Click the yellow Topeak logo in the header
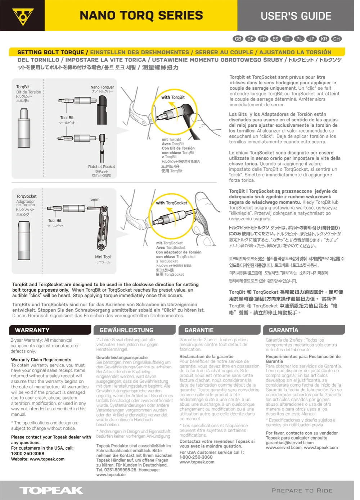point(22,16)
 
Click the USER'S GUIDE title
point(296,16)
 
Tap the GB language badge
point(238,39)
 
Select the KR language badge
point(324,39)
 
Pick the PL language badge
point(299,39)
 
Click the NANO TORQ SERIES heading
point(141,15)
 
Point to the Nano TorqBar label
point(102,87)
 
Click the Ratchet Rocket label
point(102,167)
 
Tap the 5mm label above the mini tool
point(95,199)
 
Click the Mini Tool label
point(103,257)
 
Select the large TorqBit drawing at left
point(24,128)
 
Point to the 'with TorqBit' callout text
point(173,97)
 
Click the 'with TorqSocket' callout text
point(171,203)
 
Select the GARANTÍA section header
point(305,330)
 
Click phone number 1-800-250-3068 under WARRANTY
point(28,454)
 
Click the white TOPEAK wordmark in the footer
point(51,490)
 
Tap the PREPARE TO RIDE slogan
point(302,491)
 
